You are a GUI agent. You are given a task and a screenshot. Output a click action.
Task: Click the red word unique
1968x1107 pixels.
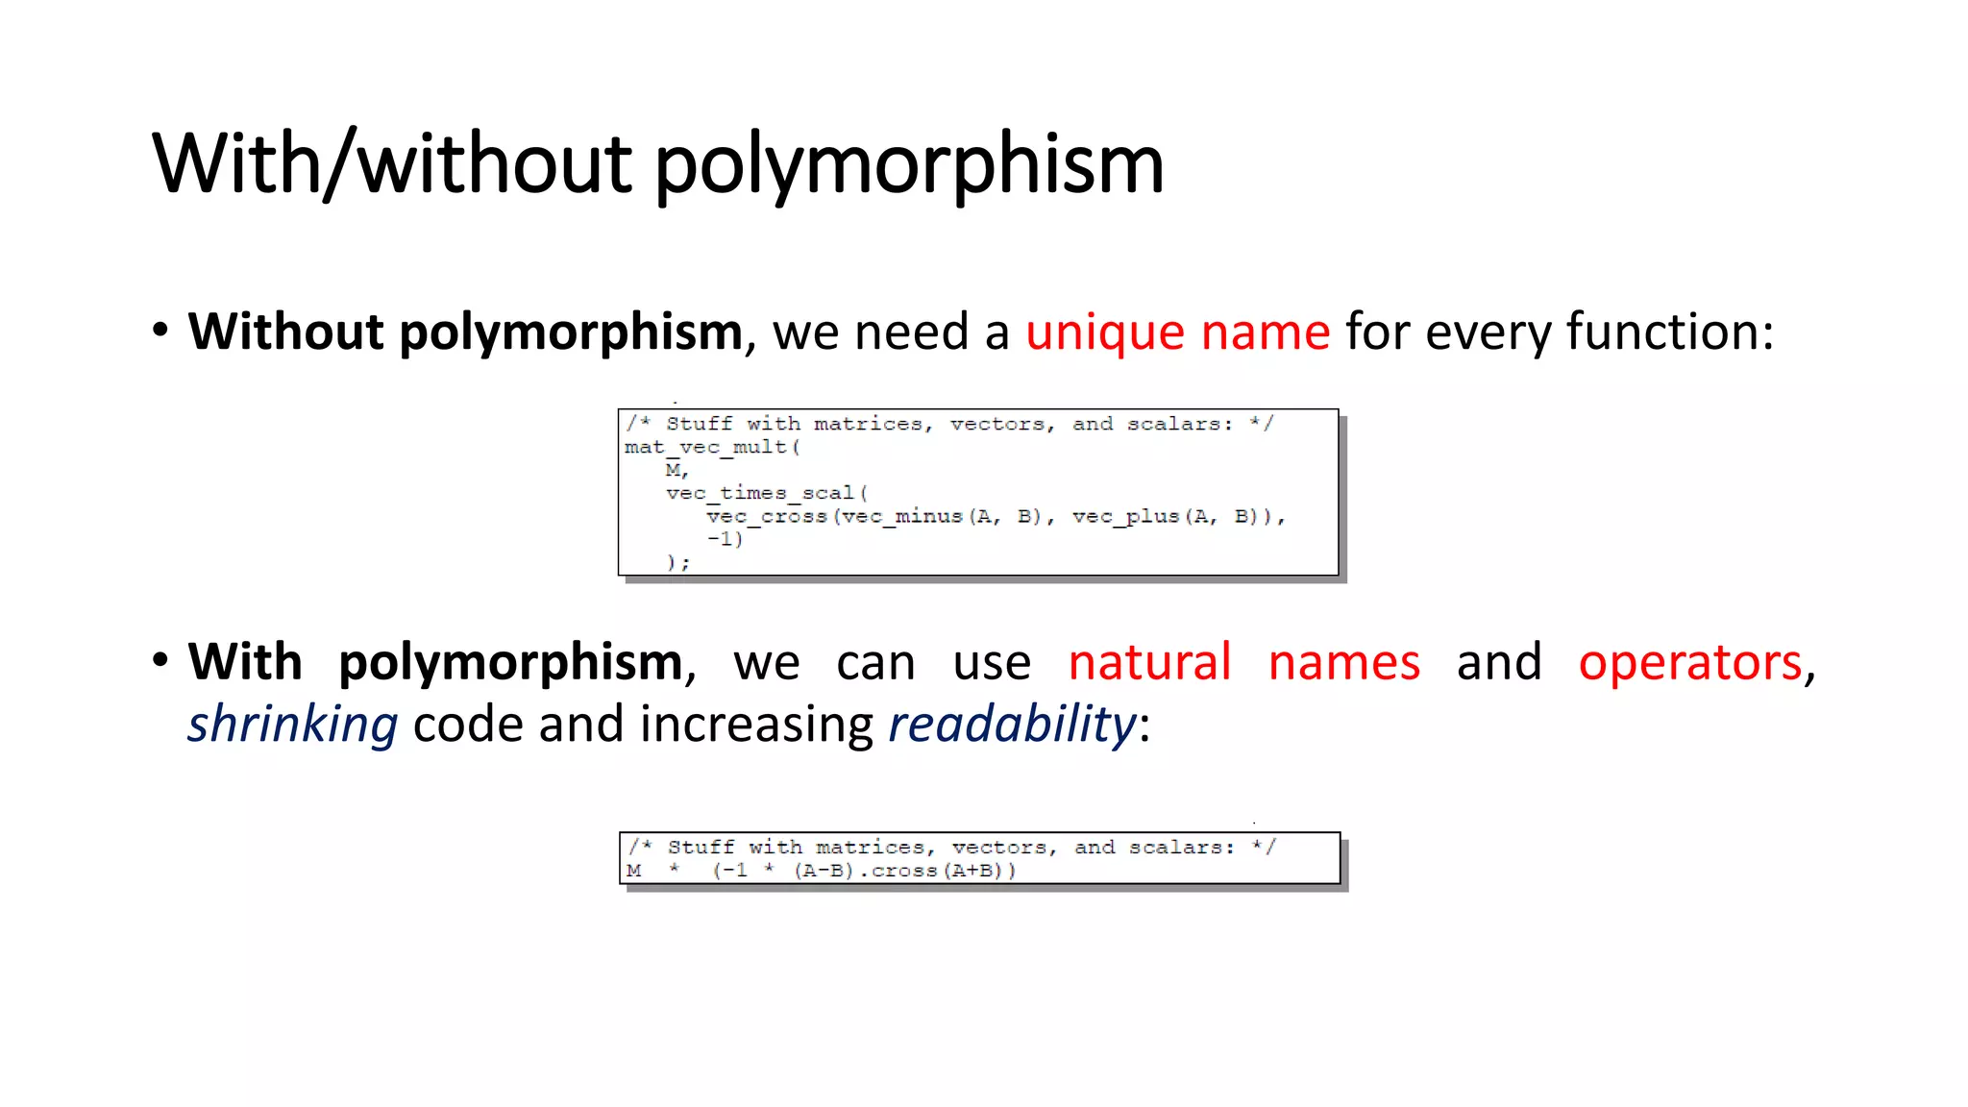point(1104,332)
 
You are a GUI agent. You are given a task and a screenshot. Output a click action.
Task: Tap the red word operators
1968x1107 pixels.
point(1689,663)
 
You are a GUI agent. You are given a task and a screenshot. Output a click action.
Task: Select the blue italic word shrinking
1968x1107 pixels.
point(292,725)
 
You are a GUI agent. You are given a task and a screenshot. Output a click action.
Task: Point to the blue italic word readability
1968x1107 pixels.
point(1012,725)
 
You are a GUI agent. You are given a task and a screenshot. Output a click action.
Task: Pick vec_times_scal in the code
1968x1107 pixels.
point(759,493)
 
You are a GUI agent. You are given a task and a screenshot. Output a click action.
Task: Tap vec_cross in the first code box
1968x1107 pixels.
point(767,516)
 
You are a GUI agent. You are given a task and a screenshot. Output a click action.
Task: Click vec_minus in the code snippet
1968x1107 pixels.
point(902,516)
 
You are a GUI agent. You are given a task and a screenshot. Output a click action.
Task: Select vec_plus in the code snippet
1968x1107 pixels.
point(1126,516)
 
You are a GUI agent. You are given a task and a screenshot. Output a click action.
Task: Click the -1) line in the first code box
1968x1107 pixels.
point(725,539)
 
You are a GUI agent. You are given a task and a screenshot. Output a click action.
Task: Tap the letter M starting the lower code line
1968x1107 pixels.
point(634,871)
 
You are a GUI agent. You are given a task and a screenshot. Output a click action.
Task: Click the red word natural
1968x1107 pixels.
point(1149,663)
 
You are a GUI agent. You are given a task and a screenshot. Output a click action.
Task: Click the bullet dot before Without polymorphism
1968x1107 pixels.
point(160,331)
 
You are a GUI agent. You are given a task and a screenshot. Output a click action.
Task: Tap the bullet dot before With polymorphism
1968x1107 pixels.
point(160,661)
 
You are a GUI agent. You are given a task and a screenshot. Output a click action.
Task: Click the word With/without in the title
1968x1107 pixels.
point(391,165)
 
